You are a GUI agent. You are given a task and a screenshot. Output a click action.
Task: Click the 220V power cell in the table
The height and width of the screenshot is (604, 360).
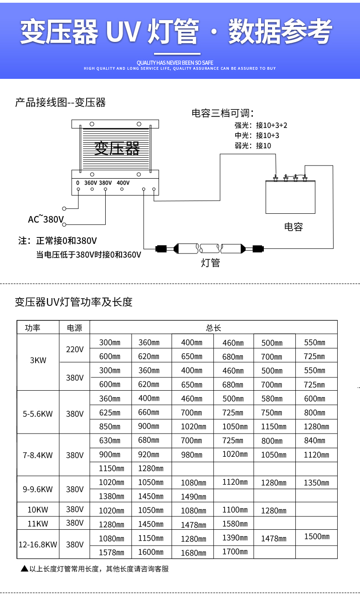click(75, 350)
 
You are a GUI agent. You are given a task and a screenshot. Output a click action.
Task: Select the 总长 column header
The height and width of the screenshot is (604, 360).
click(213, 328)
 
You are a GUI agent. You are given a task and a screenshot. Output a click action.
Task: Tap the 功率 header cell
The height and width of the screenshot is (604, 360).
click(33, 328)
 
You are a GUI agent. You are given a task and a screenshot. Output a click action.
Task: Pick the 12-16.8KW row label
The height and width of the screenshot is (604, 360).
click(38, 544)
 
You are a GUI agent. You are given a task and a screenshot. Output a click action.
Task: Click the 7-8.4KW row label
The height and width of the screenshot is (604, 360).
click(38, 455)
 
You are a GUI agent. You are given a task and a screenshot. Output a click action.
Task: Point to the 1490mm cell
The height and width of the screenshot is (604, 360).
click(193, 497)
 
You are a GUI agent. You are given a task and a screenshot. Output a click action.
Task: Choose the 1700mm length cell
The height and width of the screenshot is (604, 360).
click(235, 552)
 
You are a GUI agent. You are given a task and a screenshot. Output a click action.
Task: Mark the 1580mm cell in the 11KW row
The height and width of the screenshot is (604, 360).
click(235, 524)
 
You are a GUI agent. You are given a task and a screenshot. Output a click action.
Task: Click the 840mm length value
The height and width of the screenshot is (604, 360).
click(314, 440)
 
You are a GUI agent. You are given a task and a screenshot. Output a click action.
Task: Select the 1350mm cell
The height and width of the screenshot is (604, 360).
click(316, 483)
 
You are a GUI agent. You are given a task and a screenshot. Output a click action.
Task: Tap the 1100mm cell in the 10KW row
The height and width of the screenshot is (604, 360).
click(235, 510)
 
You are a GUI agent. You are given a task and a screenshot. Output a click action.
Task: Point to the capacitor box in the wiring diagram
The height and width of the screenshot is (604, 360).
click(290, 197)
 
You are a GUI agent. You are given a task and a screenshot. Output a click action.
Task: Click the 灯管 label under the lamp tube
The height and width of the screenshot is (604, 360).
click(210, 263)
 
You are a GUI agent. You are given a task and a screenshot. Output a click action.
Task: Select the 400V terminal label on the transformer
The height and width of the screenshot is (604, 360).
click(123, 183)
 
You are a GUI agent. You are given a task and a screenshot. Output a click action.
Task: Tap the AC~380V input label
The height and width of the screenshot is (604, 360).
click(46, 219)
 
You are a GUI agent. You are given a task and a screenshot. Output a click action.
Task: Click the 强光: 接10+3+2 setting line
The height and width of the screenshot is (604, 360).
click(261, 125)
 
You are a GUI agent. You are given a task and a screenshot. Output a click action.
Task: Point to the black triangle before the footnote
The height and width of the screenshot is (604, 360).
click(24, 569)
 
